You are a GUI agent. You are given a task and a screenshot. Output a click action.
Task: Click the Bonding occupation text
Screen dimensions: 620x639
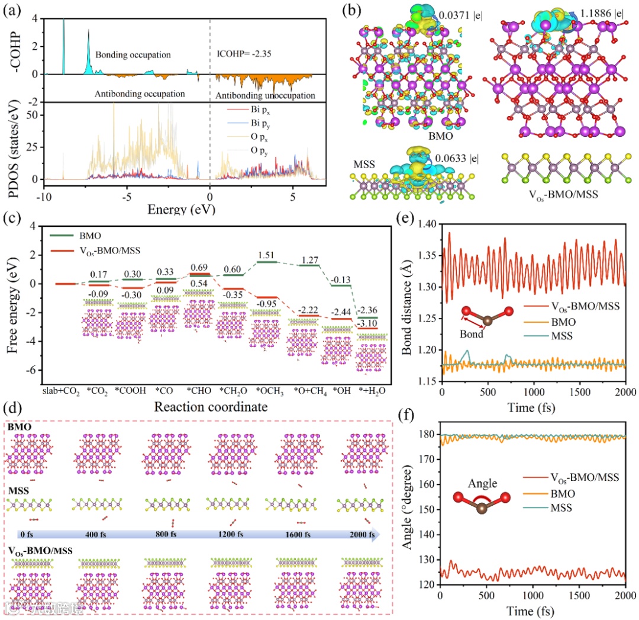coord(133,54)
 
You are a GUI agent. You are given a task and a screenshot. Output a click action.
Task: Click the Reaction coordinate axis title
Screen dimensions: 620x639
coord(207,407)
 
